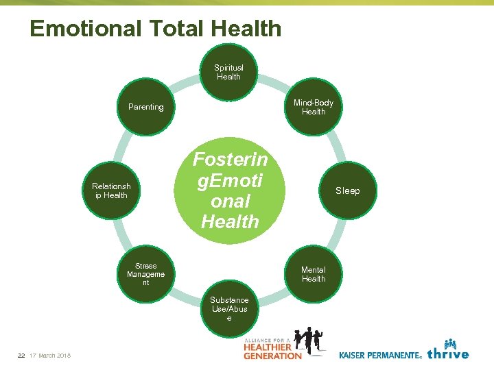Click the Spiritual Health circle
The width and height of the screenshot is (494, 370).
[x=228, y=72]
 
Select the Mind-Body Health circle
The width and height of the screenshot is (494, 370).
[x=314, y=107]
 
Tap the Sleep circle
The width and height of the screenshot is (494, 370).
[x=347, y=190]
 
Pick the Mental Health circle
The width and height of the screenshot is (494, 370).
[x=314, y=274]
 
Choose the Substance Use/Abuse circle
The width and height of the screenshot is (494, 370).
[x=229, y=309]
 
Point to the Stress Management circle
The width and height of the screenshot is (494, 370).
[x=145, y=274]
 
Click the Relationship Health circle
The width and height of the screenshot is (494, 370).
[x=111, y=190]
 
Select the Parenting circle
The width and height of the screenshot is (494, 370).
[x=145, y=107]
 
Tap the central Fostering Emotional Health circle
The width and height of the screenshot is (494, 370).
[x=230, y=190]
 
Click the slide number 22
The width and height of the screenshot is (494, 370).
[x=21, y=355]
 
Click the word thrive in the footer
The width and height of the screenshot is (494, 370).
[x=448, y=354]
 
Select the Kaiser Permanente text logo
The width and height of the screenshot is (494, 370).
[x=379, y=355]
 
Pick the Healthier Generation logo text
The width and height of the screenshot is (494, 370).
[x=272, y=350]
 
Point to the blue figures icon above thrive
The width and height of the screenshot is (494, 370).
[x=450, y=343]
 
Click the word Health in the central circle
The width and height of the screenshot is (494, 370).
[x=230, y=222]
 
